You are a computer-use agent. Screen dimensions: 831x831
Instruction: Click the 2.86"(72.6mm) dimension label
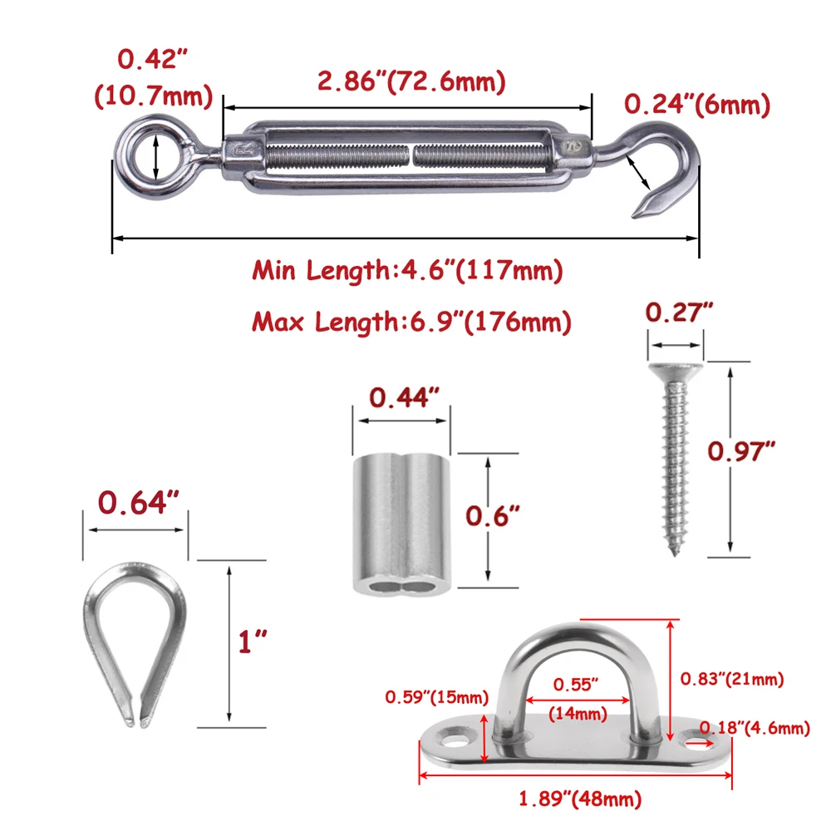(411, 81)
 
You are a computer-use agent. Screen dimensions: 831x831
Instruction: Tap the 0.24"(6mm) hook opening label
(697, 105)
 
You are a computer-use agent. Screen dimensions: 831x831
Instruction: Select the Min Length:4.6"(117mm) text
(407, 270)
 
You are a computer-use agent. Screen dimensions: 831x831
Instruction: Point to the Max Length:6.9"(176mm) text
(411, 322)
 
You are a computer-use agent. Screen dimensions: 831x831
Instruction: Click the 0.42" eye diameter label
(153, 58)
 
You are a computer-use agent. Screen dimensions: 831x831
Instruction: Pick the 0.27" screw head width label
(679, 312)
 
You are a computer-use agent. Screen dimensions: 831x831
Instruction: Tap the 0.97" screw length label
(741, 450)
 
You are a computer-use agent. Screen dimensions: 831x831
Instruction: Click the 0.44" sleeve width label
(405, 397)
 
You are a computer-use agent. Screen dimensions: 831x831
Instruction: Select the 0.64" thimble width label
(138, 502)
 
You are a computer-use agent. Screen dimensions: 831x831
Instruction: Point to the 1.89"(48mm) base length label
(580, 799)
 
